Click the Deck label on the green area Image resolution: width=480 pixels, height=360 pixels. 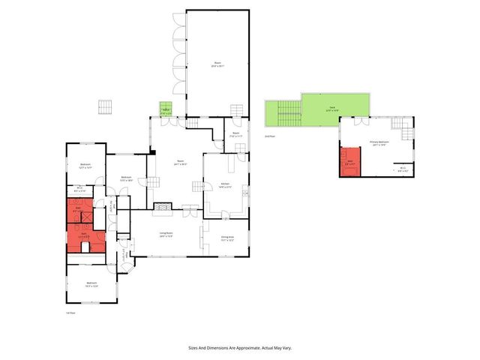pos(332,108)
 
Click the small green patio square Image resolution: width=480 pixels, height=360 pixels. pos(166,109)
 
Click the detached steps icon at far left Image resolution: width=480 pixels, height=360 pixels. pos(105,106)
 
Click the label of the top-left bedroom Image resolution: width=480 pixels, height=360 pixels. pos(85,166)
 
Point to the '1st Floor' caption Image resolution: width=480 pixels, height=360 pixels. pos(70,313)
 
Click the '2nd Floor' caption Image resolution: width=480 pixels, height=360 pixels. pos(270,136)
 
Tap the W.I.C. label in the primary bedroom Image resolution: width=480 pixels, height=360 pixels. pos(403,169)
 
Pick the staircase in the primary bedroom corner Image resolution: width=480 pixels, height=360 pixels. pos(405,134)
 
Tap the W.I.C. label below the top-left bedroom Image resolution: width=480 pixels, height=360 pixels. pos(80,190)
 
